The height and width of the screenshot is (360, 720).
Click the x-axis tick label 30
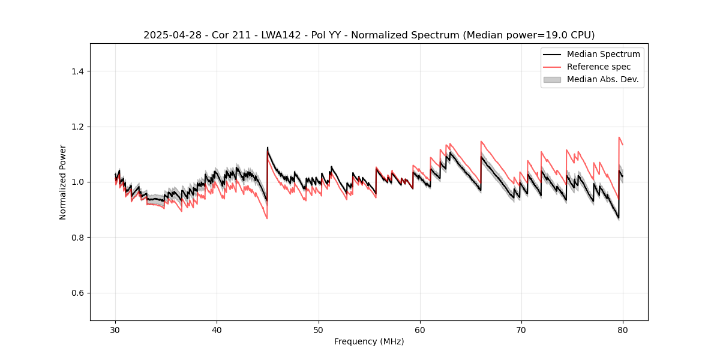tap(116, 330)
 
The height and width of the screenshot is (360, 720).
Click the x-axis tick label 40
tap(217, 330)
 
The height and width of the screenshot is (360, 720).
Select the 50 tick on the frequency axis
tap(319, 330)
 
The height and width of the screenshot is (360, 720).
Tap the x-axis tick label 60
tap(420, 330)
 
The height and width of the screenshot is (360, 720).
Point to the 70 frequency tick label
tap(521, 330)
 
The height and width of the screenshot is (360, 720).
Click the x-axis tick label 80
tap(623, 330)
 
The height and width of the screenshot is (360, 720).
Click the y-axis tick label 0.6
tap(77, 293)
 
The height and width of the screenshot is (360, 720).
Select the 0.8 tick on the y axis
tap(77, 238)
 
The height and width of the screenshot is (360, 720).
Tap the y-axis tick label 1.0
tap(77, 182)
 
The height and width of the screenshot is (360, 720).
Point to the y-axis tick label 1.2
tap(77, 127)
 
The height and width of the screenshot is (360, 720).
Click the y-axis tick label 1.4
tap(77, 71)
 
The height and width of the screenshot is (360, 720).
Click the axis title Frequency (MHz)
tap(369, 341)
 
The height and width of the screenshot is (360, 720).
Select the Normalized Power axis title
tap(63, 182)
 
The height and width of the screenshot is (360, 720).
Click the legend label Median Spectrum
tap(603, 54)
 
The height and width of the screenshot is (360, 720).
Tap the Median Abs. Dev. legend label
tap(603, 79)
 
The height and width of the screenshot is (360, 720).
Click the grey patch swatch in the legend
tap(552, 79)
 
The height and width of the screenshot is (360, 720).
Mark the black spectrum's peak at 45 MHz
tap(268, 148)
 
